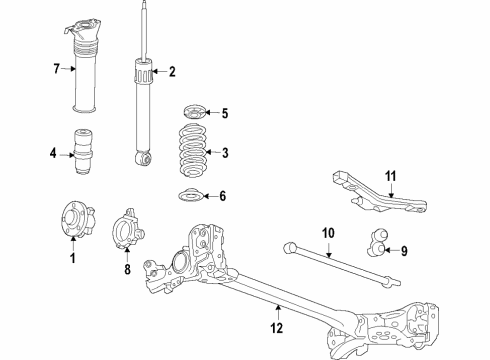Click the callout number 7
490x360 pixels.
57,69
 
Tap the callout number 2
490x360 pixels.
172,72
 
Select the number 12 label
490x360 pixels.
277,328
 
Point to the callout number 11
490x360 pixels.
391,176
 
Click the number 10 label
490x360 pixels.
328,233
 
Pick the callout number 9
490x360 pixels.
404,251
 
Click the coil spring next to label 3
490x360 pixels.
192,150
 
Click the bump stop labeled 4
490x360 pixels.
83,152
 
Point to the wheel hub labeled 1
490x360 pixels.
78,219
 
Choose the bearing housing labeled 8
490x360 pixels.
127,228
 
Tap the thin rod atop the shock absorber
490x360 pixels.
144,31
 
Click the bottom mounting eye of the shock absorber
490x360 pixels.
144,158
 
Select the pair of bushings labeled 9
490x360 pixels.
377,242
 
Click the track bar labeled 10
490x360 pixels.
341,265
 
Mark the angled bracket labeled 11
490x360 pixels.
379,192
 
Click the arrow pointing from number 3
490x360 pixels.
213,152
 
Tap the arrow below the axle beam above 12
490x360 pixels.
278,313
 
